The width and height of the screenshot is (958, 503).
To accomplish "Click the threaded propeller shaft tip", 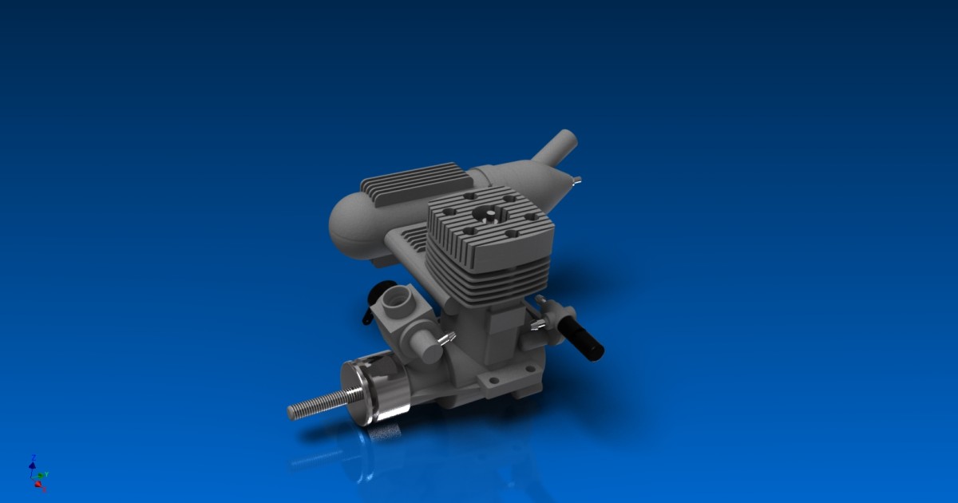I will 294,412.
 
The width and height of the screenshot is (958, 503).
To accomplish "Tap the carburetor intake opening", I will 396,302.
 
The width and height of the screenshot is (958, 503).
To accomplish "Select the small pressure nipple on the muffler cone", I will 577,181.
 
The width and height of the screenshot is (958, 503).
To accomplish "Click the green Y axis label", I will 47,474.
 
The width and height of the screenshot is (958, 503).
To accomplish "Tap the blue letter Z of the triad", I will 33,457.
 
